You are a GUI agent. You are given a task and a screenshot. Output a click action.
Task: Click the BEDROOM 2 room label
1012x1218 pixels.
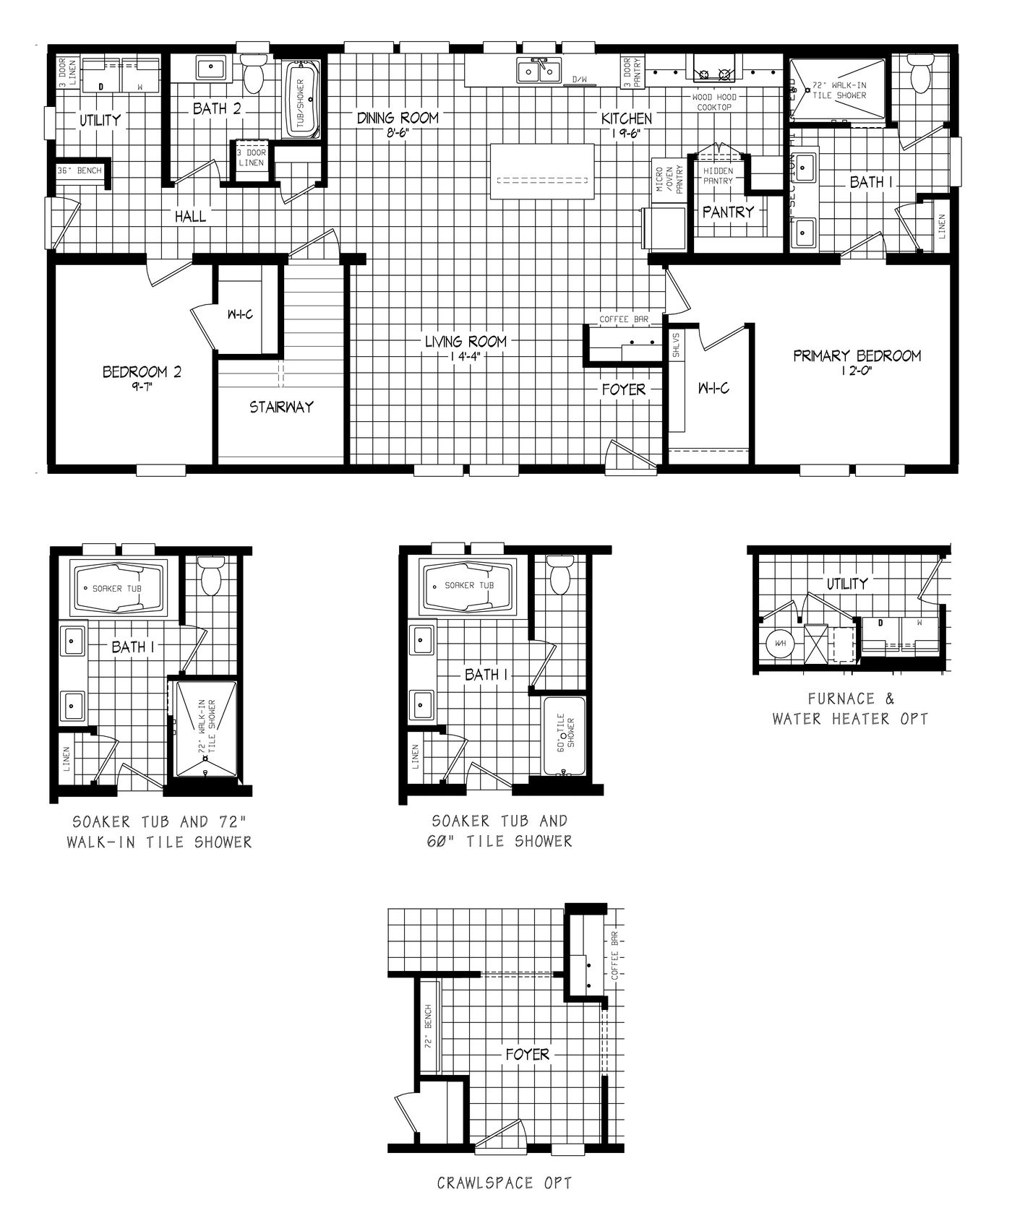point(142,372)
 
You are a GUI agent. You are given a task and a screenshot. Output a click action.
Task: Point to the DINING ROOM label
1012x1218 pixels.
point(398,118)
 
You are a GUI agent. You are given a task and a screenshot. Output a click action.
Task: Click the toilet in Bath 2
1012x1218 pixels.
point(253,74)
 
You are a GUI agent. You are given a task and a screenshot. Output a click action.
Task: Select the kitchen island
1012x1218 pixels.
point(544,171)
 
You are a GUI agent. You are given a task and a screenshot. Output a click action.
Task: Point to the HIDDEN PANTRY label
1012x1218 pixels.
point(718,176)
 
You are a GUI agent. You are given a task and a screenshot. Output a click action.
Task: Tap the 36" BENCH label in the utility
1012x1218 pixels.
point(80,171)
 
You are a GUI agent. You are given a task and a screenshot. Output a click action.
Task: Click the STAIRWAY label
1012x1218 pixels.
point(282,407)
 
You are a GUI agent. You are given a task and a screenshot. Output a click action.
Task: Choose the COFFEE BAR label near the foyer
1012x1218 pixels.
point(623,319)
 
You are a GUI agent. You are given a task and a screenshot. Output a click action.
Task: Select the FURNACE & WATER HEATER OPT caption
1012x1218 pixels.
point(850,708)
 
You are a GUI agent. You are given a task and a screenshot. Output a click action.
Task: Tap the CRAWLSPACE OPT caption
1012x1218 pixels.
point(505,1183)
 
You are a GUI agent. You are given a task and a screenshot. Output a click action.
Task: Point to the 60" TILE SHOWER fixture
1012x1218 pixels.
point(565,735)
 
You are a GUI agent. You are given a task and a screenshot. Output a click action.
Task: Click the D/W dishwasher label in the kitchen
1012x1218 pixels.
point(580,79)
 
